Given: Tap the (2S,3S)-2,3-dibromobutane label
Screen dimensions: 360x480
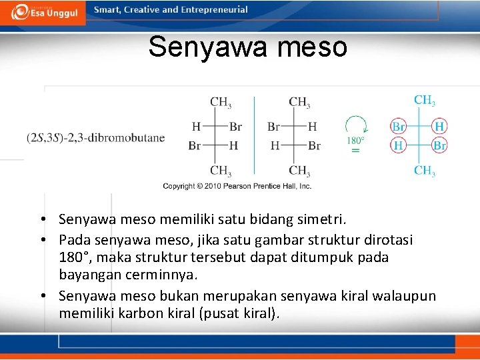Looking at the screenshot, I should [96, 138].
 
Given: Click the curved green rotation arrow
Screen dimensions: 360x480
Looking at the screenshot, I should [356, 125].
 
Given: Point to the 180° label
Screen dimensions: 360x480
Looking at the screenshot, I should [355, 141].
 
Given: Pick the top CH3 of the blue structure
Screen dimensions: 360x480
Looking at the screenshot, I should [425, 101].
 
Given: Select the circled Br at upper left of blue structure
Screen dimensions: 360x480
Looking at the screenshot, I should [398, 126].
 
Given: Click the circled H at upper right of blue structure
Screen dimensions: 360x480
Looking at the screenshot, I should [439, 126].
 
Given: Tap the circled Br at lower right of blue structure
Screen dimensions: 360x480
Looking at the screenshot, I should [439, 145].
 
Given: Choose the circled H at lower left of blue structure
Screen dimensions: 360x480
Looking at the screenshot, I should [398, 145].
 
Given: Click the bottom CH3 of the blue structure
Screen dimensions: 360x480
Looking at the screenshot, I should [425, 171].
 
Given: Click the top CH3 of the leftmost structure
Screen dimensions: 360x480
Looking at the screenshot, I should [221, 103].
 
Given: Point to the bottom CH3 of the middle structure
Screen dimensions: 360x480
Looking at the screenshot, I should [299, 171].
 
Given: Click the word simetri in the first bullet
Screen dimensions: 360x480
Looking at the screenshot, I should [325, 219].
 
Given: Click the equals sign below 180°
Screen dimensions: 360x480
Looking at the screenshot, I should [355, 151].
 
